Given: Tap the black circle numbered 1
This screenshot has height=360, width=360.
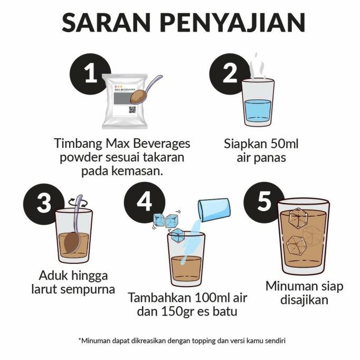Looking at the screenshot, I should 91,73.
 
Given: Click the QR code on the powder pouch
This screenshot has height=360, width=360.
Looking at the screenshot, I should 132,110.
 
